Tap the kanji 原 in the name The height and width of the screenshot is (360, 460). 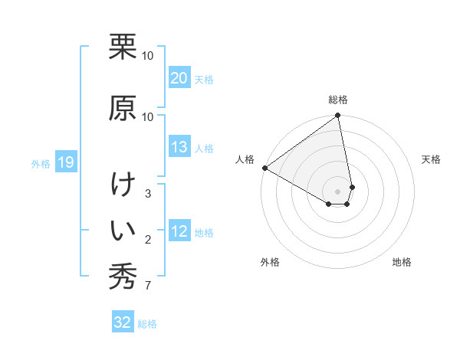click(x=122, y=106)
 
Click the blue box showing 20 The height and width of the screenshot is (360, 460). click(x=179, y=78)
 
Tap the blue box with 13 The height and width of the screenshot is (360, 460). click(x=179, y=147)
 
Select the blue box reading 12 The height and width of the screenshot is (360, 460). click(x=179, y=232)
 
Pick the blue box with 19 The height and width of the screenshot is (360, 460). click(x=65, y=162)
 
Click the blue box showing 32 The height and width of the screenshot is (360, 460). click(x=123, y=322)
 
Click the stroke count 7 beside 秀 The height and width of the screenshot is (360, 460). click(x=148, y=286)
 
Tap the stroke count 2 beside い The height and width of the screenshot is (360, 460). click(x=148, y=240)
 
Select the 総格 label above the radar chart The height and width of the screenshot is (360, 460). click(x=338, y=100)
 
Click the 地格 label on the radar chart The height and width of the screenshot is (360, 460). click(x=402, y=262)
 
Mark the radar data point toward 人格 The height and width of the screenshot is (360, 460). click(x=264, y=168)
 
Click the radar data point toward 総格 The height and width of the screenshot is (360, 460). click(x=338, y=116)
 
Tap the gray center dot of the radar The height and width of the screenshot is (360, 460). click(x=338, y=191)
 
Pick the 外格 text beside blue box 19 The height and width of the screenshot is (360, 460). click(x=41, y=163)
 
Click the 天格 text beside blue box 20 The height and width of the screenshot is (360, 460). click(x=204, y=79)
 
